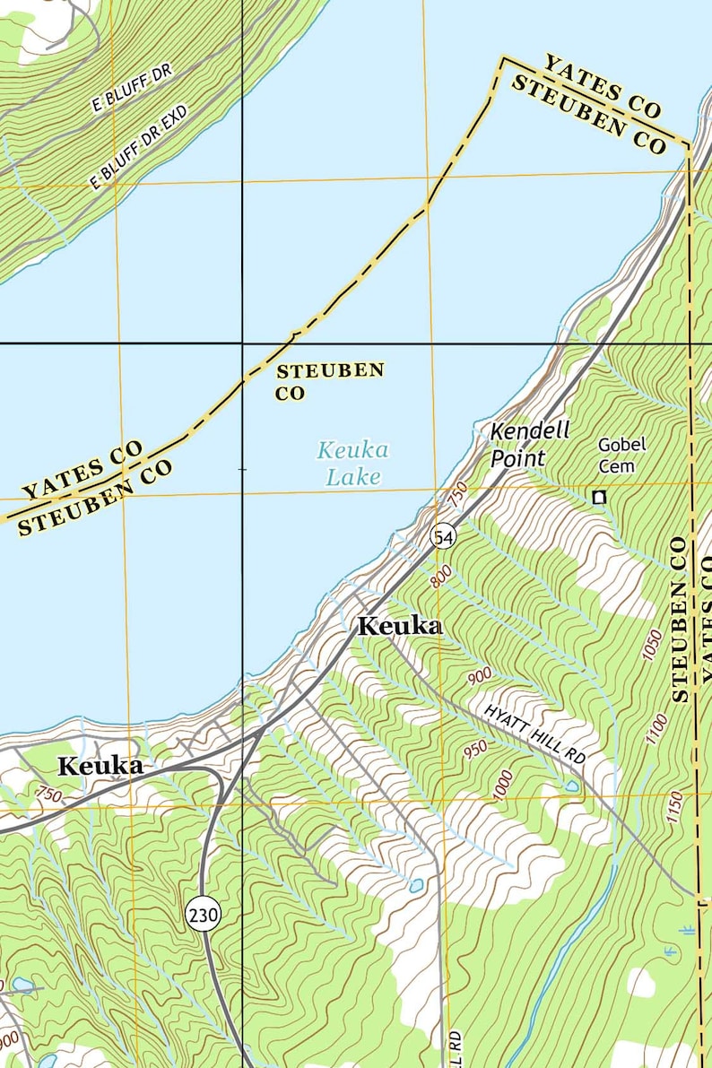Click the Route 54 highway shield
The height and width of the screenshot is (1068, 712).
(443, 536)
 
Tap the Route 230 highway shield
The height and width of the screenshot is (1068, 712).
(204, 915)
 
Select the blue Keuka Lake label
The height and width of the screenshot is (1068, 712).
(352, 463)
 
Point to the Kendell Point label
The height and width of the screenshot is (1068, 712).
(529, 444)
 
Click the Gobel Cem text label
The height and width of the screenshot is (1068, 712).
(621, 455)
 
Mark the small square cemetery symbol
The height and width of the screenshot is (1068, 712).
(599, 497)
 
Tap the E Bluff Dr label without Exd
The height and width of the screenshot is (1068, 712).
(131, 88)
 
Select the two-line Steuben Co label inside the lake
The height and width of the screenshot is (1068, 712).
(329, 381)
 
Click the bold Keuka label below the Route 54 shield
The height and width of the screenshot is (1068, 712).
(400, 627)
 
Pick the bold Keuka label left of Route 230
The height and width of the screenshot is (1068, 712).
(100, 766)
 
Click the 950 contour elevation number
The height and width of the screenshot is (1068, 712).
(475, 747)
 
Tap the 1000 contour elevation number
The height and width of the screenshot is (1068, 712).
(503, 785)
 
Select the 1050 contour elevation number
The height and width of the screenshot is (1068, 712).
(652, 645)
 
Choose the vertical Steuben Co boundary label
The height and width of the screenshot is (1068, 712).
(679, 619)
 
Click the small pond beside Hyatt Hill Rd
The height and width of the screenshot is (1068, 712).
(571, 786)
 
